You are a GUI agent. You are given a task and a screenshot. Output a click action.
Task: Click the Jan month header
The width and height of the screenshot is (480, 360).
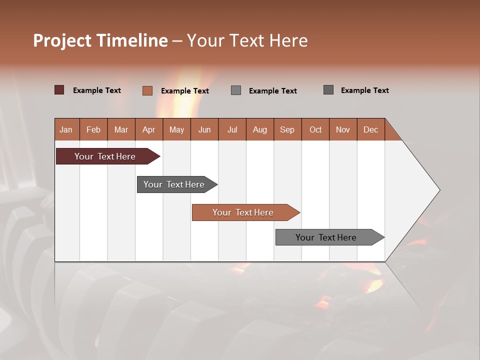(x=66, y=129)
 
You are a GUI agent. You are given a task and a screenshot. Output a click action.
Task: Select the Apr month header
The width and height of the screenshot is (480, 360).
(x=149, y=129)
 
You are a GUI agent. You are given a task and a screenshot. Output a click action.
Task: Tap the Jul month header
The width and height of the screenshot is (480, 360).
(x=232, y=129)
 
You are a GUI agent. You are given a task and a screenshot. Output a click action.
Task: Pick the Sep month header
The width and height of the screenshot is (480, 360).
(x=287, y=129)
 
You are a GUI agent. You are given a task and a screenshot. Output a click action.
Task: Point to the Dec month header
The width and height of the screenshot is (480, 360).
(x=370, y=129)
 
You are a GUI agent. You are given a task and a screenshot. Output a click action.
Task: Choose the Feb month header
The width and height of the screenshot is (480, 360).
(x=93, y=129)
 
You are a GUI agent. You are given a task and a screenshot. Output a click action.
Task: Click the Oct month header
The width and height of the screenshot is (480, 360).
(x=315, y=129)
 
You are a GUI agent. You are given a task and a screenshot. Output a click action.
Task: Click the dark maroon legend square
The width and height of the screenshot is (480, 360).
(x=59, y=90)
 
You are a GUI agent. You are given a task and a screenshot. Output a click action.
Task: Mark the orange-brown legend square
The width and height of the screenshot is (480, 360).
(x=147, y=90)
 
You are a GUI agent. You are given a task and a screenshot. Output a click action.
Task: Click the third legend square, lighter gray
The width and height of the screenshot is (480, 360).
(x=236, y=90)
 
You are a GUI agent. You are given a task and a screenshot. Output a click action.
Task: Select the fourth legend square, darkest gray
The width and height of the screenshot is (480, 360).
(x=328, y=90)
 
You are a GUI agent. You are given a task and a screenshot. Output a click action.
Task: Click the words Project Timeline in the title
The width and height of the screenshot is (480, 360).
(x=100, y=40)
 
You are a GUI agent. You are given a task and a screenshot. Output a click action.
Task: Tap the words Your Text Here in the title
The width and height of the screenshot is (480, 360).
(x=247, y=40)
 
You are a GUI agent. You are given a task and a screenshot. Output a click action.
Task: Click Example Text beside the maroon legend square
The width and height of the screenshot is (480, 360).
(x=97, y=90)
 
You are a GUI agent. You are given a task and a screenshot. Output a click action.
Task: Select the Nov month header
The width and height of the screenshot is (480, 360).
(x=343, y=129)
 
